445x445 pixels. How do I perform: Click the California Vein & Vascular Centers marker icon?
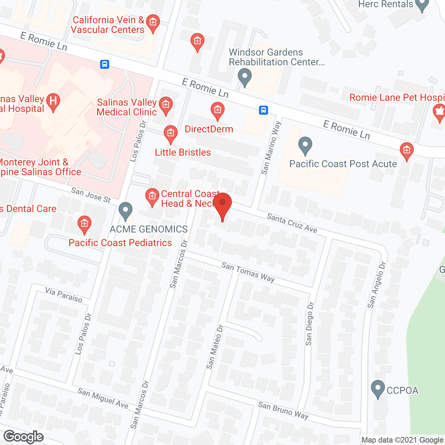[153, 23]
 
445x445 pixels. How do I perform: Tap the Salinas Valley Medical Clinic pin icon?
[166, 105]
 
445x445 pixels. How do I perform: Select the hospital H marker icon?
[53, 101]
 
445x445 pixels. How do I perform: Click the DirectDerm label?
[209, 129]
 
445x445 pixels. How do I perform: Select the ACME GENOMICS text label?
[149, 229]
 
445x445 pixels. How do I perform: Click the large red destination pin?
[222, 205]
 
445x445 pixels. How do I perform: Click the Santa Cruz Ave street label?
[292, 223]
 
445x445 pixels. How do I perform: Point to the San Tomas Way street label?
[248, 272]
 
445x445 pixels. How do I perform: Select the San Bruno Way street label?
[283, 410]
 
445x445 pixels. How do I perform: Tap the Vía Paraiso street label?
[64, 295]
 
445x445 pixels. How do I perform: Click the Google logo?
[24, 437]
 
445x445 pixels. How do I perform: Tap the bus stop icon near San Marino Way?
[264, 110]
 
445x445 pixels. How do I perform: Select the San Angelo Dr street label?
[377, 285]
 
